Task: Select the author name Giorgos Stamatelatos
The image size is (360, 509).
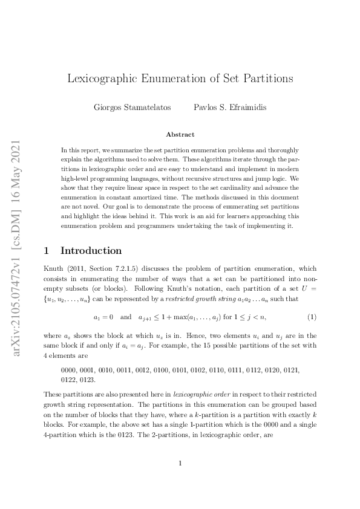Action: (128, 108)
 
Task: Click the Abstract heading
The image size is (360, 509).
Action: (180, 135)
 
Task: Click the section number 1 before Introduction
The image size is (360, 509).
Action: (47, 250)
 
